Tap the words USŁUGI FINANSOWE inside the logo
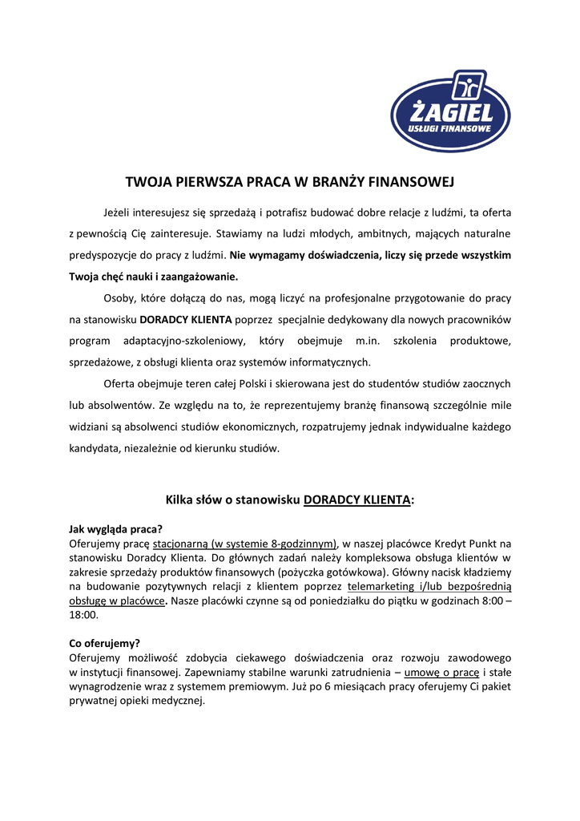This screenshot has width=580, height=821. [449, 128]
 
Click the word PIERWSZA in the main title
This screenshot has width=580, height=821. [203, 182]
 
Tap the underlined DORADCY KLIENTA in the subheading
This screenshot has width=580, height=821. [356, 499]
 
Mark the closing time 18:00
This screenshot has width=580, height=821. [83, 615]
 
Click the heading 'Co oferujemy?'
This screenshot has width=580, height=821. [105, 643]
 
